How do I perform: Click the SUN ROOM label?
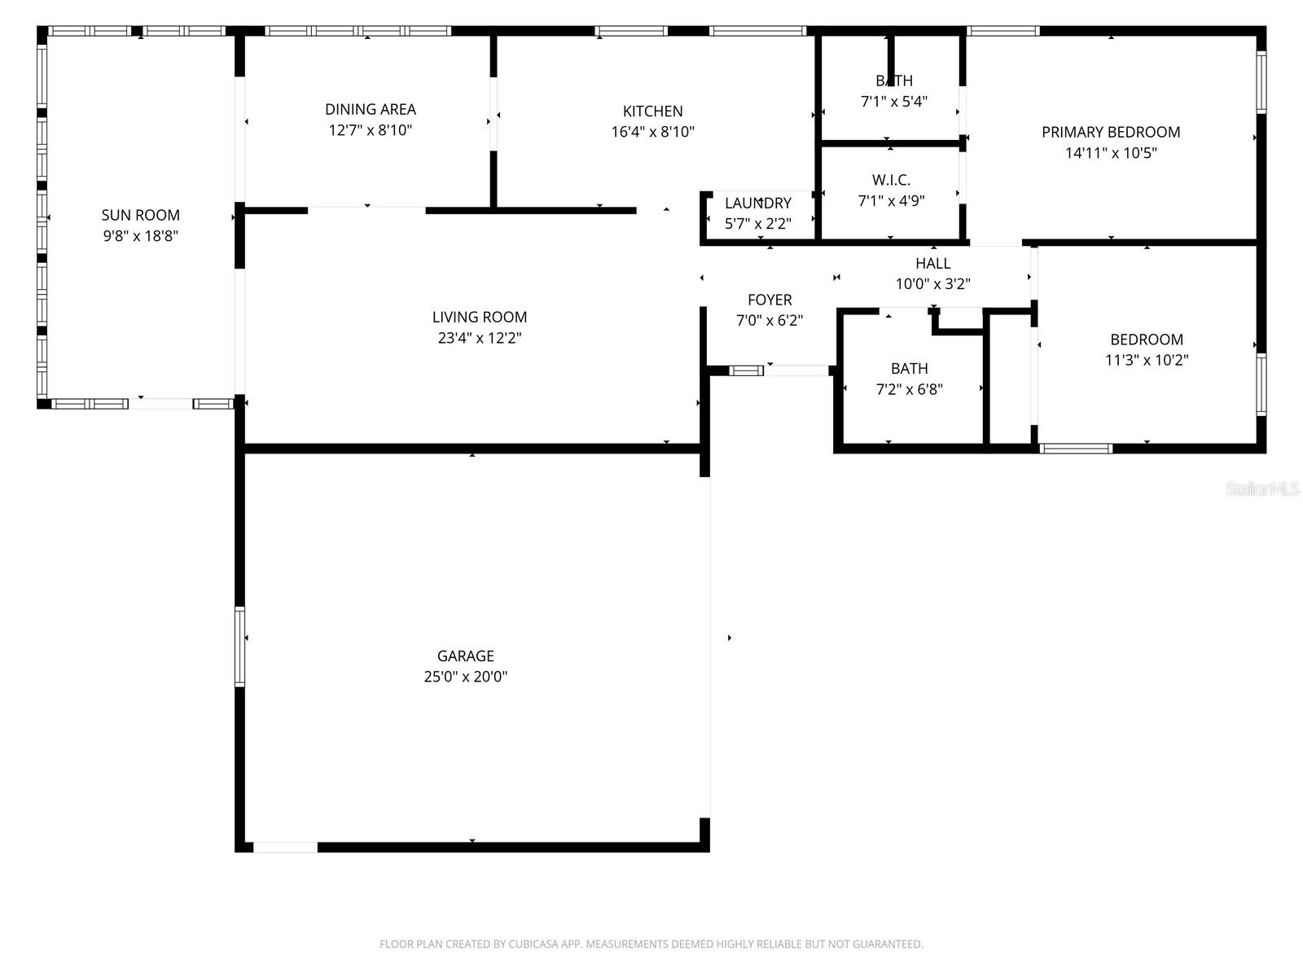click(140, 215)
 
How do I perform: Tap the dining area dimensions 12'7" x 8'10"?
click(371, 130)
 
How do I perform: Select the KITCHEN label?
click(652, 111)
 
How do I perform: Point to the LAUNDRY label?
click(757, 203)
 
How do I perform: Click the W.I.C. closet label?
click(891, 180)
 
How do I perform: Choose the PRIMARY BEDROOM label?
click(1111, 132)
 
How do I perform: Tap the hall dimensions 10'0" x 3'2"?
click(932, 284)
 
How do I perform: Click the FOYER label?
click(770, 300)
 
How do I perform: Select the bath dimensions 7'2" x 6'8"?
click(909, 389)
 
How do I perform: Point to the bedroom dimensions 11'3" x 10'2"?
click(1147, 360)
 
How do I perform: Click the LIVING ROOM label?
click(480, 317)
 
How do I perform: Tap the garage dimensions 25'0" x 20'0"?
click(466, 677)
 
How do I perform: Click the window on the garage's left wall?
click(240, 646)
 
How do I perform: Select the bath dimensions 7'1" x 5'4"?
click(894, 102)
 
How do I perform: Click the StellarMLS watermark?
click(1262, 488)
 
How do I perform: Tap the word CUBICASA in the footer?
click(534, 944)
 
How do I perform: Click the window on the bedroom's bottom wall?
click(1077, 448)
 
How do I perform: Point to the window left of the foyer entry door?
click(746, 370)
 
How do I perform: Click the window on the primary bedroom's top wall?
click(1003, 31)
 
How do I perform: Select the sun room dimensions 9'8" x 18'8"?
click(140, 236)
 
